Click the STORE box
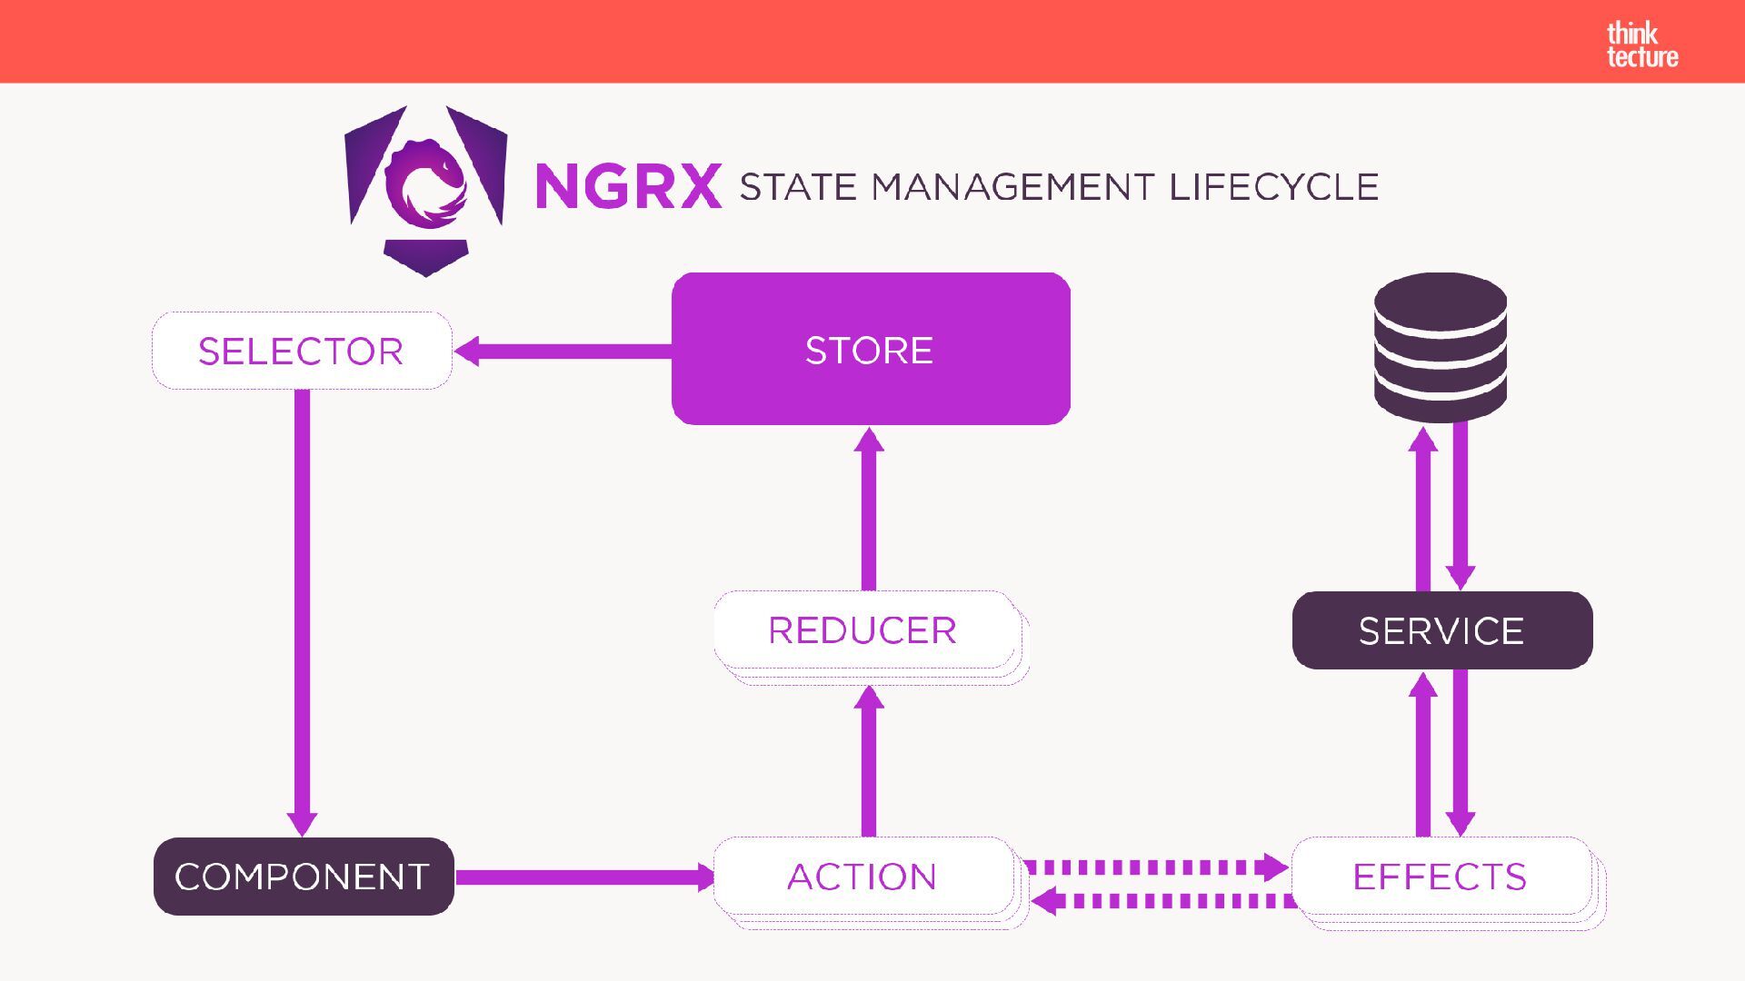[x=870, y=350]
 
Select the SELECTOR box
[x=301, y=351]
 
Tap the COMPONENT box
[x=303, y=877]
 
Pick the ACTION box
[x=863, y=877]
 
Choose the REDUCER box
[x=863, y=630]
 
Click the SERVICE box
[x=1441, y=630]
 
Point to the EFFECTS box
[x=1441, y=877]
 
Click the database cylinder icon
[x=1441, y=348]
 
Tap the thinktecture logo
[x=1641, y=45]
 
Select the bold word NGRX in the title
[x=629, y=186]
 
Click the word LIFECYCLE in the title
[x=1273, y=187]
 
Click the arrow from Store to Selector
[x=563, y=352]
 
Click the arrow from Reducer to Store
[x=869, y=509]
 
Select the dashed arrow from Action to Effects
[x=1154, y=867]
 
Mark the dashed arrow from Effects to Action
[x=1163, y=901]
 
